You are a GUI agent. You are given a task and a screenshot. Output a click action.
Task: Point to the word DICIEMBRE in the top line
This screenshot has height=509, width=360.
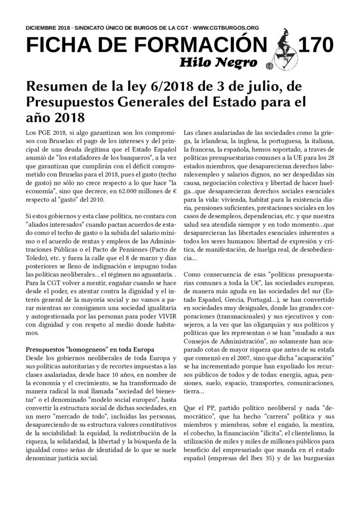[42, 29]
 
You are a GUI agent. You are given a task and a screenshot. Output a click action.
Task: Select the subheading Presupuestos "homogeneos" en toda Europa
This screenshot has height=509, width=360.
[90, 349]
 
